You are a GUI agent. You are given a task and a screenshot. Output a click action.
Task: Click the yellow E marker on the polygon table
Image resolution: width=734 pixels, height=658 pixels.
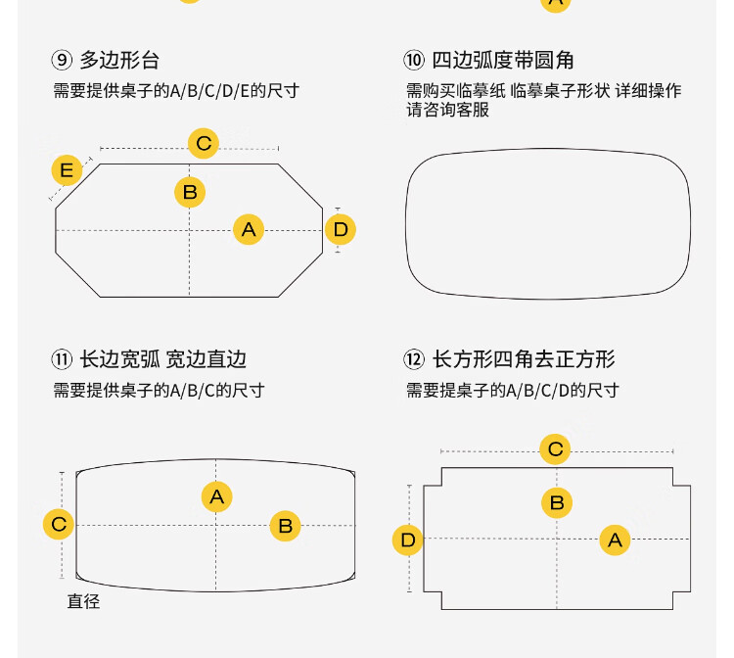click(x=66, y=171)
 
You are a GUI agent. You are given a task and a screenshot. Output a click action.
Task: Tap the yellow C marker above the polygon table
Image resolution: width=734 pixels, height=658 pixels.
click(x=204, y=144)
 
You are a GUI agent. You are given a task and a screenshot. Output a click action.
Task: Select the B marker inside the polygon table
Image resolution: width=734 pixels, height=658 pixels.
click(x=190, y=191)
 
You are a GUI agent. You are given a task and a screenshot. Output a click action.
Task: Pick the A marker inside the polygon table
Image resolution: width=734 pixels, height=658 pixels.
click(x=249, y=230)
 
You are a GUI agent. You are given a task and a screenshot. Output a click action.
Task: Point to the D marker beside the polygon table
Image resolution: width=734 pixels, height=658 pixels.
click(x=340, y=230)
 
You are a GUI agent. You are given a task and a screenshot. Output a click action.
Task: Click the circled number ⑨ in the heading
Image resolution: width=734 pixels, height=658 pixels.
click(x=62, y=60)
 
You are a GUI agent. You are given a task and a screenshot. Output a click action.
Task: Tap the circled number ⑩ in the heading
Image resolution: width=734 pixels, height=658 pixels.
click(x=414, y=60)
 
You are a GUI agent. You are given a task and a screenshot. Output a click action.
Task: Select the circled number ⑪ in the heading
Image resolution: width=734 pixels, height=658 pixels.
click(x=62, y=359)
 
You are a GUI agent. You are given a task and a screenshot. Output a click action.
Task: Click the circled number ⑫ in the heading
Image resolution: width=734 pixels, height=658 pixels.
click(x=414, y=359)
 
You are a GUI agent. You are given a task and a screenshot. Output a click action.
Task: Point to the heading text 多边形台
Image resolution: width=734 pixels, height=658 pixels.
click(x=119, y=60)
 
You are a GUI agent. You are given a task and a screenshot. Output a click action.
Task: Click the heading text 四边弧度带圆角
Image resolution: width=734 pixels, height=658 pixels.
click(x=503, y=60)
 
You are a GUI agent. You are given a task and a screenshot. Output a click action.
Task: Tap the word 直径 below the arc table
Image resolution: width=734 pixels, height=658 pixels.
click(x=83, y=601)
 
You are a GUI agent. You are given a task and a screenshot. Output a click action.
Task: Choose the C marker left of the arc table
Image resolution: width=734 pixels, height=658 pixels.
click(x=59, y=524)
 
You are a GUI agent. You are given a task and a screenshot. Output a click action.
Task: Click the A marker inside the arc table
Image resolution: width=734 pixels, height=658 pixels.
click(x=216, y=496)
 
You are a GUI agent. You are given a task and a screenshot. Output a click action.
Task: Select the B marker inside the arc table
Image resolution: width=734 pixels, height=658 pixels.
click(x=285, y=526)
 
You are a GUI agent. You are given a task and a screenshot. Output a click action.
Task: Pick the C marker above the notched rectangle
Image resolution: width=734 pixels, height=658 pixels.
click(x=556, y=449)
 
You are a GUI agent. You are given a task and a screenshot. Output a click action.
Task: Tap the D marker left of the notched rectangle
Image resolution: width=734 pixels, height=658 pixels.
click(x=408, y=540)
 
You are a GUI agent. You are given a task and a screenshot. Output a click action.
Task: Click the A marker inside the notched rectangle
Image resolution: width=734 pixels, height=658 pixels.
click(x=615, y=540)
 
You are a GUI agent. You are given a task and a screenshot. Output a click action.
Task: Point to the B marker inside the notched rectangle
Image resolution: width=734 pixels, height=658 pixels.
click(x=557, y=503)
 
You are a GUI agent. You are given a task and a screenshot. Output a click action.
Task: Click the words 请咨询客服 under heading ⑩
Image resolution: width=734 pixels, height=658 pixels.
click(x=447, y=111)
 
